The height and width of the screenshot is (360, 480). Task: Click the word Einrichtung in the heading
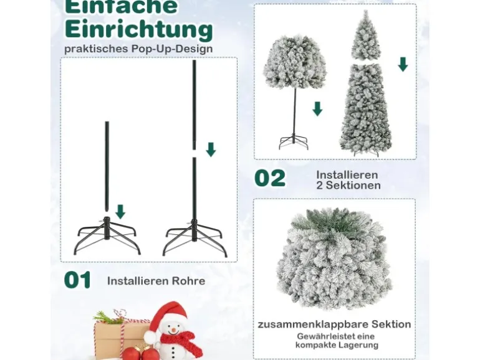click(x=138, y=30)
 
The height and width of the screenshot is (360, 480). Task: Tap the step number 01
click(x=77, y=280)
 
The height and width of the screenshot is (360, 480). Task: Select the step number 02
click(x=270, y=178)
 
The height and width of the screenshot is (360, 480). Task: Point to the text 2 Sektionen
click(x=348, y=186)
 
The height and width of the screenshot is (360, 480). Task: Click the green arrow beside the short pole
click(x=120, y=212)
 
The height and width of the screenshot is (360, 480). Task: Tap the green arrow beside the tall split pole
click(x=211, y=149)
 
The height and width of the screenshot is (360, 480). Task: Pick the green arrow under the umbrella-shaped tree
click(x=317, y=109)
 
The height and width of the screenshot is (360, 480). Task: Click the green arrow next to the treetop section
click(x=403, y=64)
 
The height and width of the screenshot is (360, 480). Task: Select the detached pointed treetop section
click(x=365, y=36)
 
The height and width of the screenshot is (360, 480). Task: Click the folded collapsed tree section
click(x=334, y=258)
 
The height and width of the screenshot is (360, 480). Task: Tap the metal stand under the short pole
click(x=107, y=235)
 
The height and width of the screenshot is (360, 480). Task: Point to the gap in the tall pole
click(x=194, y=154)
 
